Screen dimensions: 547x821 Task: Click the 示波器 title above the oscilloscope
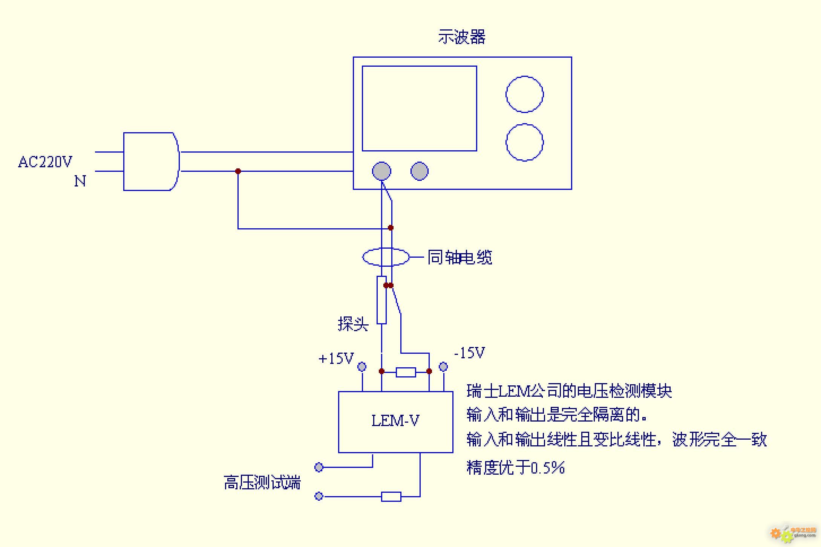(x=461, y=37)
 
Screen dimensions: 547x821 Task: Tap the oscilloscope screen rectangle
(x=419, y=108)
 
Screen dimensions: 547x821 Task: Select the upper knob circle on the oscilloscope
(x=524, y=94)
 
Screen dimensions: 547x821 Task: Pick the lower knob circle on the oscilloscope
(x=524, y=142)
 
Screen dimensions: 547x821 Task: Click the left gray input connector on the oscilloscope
(x=381, y=171)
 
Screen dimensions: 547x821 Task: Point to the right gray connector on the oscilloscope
(x=419, y=171)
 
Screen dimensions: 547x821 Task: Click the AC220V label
(x=45, y=162)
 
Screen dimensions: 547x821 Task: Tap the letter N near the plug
(x=80, y=181)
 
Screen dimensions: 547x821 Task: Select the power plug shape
(x=151, y=161)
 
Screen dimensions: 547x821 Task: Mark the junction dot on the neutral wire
(x=238, y=171)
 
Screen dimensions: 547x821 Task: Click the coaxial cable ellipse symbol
(x=386, y=257)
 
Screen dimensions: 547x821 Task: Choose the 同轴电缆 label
(x=460, y=258)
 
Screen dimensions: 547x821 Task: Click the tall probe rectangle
(x=381, y=300)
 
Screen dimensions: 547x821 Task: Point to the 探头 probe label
(x=353, y=324)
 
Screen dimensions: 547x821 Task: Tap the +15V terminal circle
(x=362, y=366)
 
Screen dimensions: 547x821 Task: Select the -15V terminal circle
(x=443, y=366)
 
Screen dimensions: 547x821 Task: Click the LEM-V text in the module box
(x=395, y=421)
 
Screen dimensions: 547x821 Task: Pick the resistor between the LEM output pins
(x=406, y=372)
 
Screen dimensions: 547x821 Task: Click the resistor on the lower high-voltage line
(x=391, y=497)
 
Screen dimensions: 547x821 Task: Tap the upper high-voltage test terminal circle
(x=319, y=467)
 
